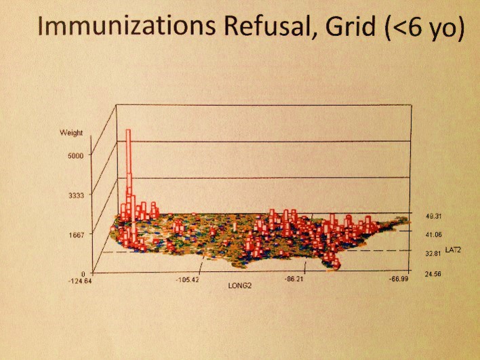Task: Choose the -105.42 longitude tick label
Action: pos(189,279)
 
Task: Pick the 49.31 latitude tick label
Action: pos(434,216)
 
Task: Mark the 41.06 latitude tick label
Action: pos(434,235)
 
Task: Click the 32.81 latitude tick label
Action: pos(434,253)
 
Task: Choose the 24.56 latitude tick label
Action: pos(434,273)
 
